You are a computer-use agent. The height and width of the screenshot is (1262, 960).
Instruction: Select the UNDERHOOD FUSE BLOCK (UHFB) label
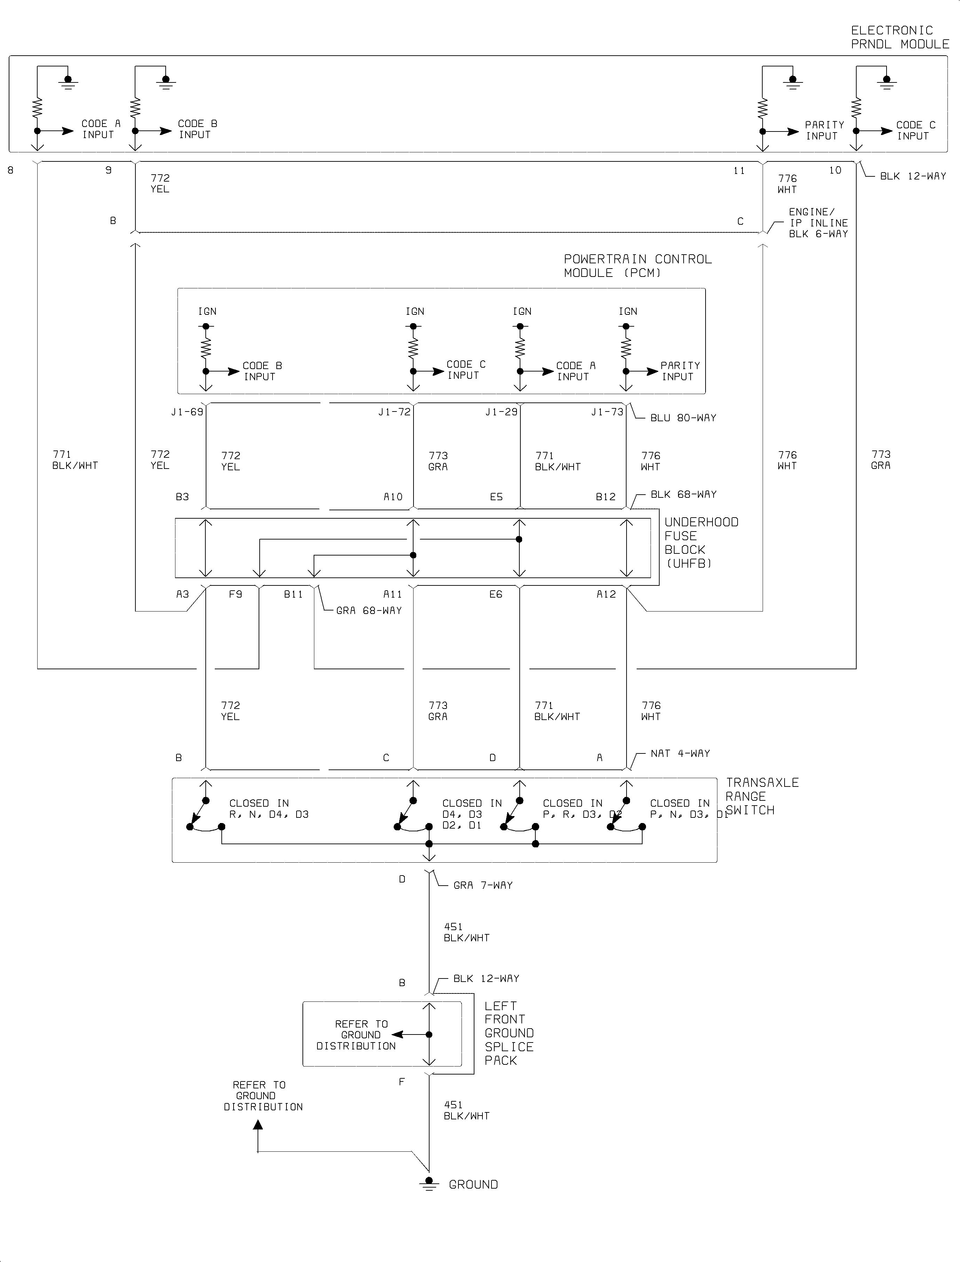click(x=701, y=543)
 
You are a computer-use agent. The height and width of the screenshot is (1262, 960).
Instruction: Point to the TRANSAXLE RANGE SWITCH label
click(x=761, y=796)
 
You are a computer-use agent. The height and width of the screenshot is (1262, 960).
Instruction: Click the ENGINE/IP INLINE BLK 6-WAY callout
click(x=818, y=223)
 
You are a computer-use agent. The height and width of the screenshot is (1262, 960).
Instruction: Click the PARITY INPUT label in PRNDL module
click(x=824, y=130)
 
